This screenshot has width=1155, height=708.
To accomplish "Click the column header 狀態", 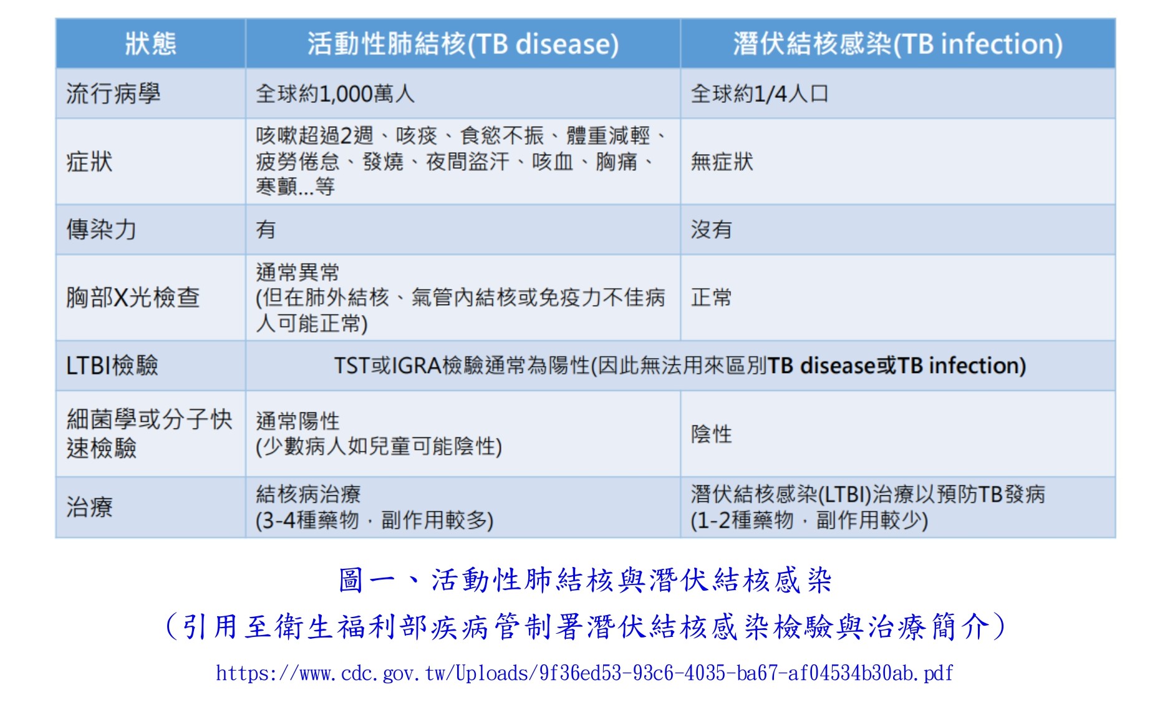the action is pyautogui.click(x=150, y=44).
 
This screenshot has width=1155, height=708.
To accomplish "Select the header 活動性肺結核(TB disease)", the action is pyautogui.click(x=463, y=44).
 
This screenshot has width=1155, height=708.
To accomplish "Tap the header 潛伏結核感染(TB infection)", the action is pyautogui.click(x=897, y=44).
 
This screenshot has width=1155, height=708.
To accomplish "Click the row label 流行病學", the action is pyautogui.click(x=114, y=94).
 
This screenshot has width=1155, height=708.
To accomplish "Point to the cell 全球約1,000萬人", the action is pyautogui.click(x=335, y=94).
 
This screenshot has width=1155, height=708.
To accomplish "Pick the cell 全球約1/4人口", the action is pyautogui.click(x=760, y=94).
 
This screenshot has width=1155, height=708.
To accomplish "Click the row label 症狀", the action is pyautogui.click(x=90, y=162).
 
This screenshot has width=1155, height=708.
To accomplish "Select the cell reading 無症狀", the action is pyautogui.click(x=722, y=162).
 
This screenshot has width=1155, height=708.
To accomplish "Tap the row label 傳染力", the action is pyautogui.click(x=101, y=230).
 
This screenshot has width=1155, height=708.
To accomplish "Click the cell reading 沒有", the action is pyautogui.click(x=711, y=230).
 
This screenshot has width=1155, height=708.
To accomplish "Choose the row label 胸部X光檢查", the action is pyautogui.click(x=133, y=297).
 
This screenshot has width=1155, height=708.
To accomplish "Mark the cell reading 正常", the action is pyautogui.click(x=711, y=297).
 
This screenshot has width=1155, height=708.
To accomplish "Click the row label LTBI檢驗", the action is pyautogui.click(x=112, y=365).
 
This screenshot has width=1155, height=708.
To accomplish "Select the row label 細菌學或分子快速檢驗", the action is pyautogui.click(x=150, y=434).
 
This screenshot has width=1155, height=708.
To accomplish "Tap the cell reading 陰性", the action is pyautogui.click(x=711, y=434).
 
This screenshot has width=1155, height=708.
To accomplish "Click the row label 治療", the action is pyautogui.click(x=90, y=507).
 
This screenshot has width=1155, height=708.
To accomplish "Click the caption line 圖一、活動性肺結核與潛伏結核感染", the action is pyautogui.click(x=586, y=580).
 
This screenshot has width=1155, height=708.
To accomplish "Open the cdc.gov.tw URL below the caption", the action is pyautogui.click(x=584, y=673).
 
